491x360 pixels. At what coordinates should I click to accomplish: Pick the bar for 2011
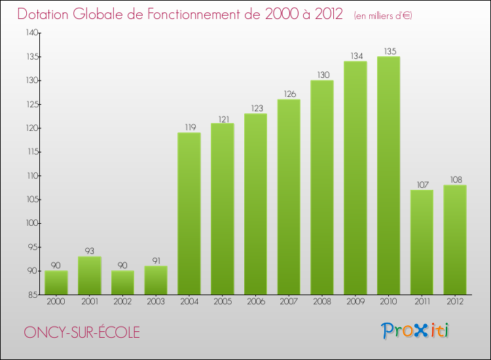(422, 242)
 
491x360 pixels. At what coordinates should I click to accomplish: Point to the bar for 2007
(289, 196)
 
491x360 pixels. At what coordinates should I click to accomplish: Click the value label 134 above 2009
(355, 56)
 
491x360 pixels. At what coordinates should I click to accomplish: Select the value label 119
(189, 127)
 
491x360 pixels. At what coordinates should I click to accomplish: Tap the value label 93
(89, 251)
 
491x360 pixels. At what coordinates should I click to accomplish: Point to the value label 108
(455, 179)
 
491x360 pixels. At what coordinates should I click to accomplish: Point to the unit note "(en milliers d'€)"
(383, 16)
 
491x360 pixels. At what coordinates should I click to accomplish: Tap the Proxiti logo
(415, 331)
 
